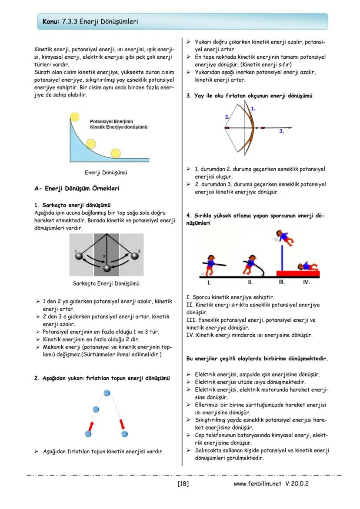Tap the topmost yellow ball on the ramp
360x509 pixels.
(x=75, y=116)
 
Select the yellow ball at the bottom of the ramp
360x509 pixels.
(x=116, y=153)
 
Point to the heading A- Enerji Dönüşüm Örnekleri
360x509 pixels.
(x=77, y=189)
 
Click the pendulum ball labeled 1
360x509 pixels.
(x=79, y=256)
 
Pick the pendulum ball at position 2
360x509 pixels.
(x=107, y=268)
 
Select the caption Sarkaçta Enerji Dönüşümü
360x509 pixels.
(x=106, y=284)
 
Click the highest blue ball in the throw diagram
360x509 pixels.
(x=107, y=393)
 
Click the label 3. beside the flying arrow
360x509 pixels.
(x=281, y=130)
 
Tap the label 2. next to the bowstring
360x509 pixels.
(x=227, y=117)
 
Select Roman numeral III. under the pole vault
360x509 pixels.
(x=281, y=282)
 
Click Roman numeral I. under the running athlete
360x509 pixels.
(x=209, y=282)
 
